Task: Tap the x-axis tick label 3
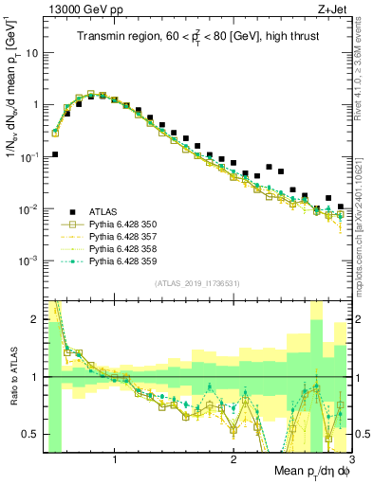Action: [x=351, y=458]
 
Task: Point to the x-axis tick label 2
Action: [x=233, y=458]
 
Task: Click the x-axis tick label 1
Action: [x=115, y=458]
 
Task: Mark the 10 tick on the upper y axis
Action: [x=29, y=53]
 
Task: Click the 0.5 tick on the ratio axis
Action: [x=29, y=435]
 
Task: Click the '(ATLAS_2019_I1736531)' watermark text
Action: [x=196, y=283]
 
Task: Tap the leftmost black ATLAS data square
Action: [x=55, y=153]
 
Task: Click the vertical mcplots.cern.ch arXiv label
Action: [x=364, y=199]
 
